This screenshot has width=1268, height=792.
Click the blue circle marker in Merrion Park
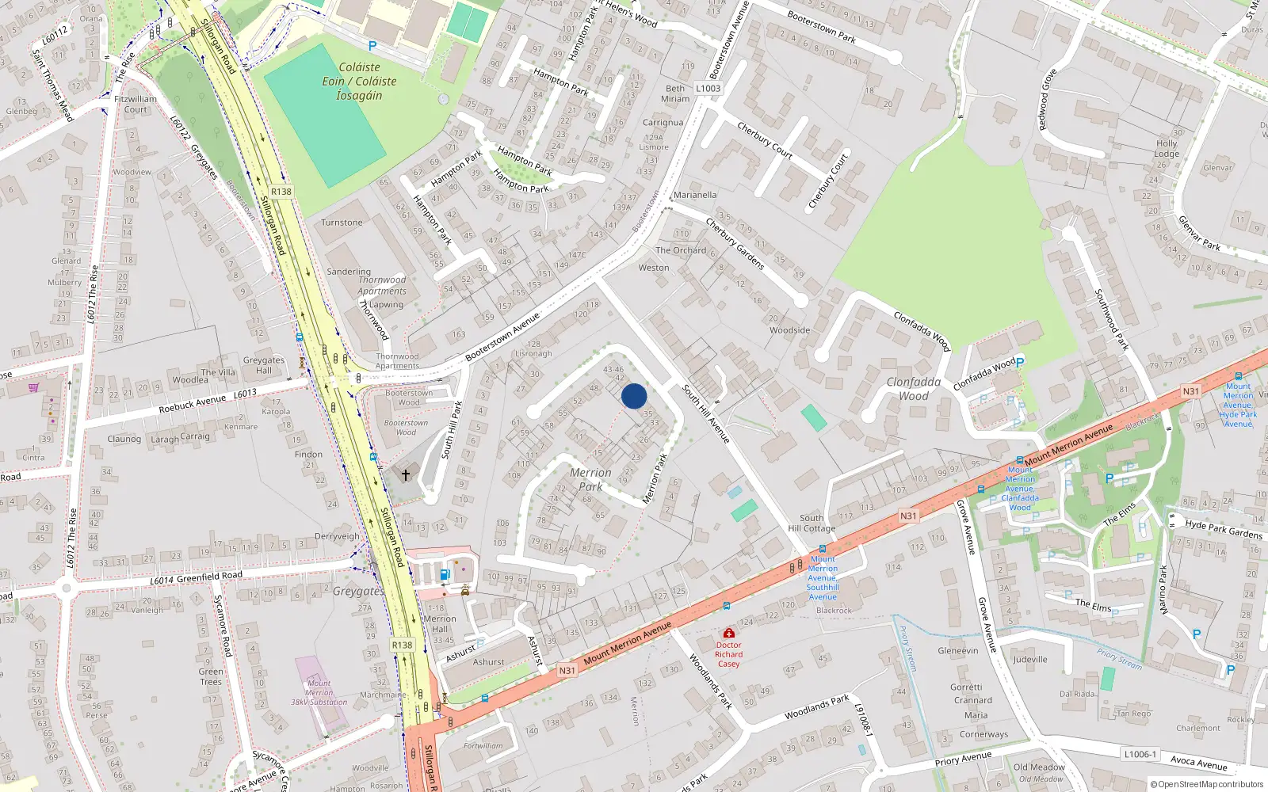[x=634, y=396]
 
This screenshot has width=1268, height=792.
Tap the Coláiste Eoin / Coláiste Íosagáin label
[x=359, y=82]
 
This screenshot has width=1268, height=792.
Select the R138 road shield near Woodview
[x=281, y=191]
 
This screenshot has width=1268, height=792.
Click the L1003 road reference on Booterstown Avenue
[x=708, y=88]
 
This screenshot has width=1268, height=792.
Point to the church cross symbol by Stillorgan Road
[x=406, y=475]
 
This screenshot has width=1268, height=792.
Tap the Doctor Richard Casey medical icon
[x=728, y=633]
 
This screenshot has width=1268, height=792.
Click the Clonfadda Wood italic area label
[x=914, y=389]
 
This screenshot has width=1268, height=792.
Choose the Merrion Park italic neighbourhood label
[x=590, y=479]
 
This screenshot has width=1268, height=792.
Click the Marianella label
[x=695, y=195]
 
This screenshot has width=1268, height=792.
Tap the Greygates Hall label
[x=263, y=365]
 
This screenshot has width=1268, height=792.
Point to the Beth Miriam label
[x=675, y=93]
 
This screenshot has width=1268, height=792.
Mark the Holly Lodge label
[x=1167, y=149]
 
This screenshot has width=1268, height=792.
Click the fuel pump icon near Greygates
[x=445, y=574]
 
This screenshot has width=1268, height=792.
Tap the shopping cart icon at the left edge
[x=33, y=387]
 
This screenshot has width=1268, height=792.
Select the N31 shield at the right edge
[x=1190, y=391]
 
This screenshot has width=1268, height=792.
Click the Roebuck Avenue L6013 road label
[x=207, y=401]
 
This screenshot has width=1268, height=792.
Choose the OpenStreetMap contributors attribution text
[x=1207, y=784]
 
